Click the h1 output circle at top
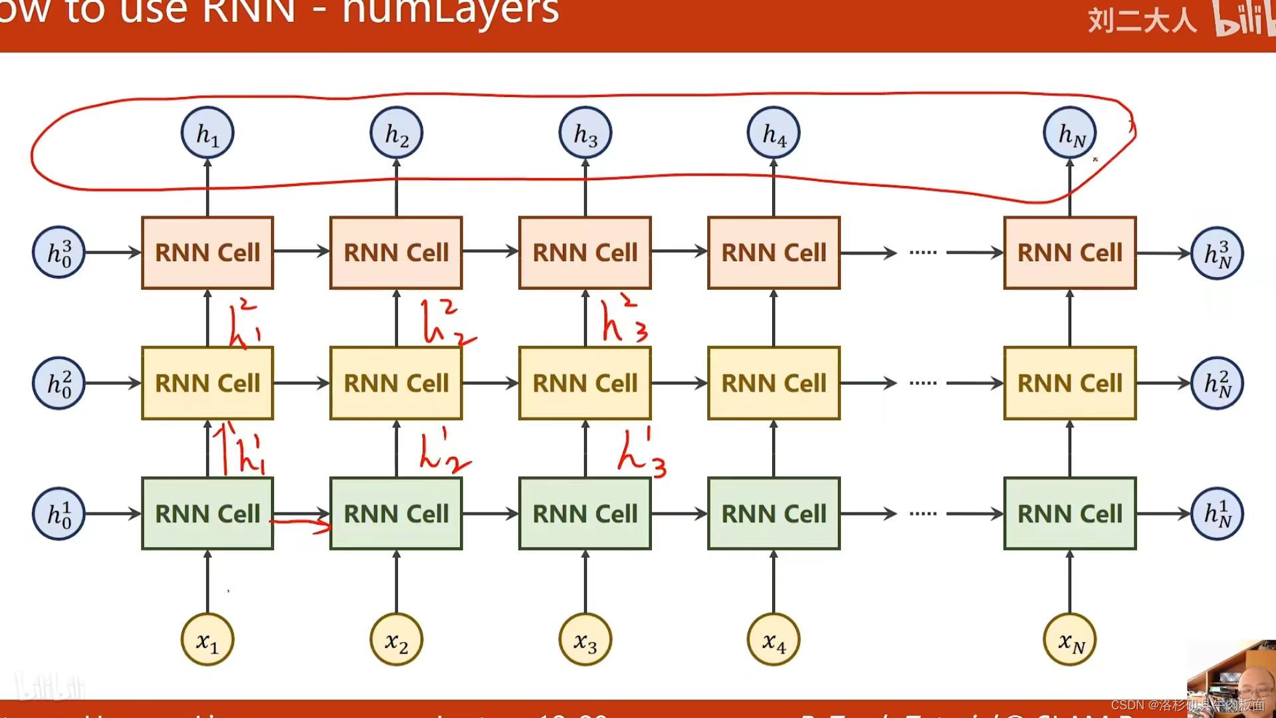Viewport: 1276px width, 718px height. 207,134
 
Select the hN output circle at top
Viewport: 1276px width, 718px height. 1069,134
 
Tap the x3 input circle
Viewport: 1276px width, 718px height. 585,640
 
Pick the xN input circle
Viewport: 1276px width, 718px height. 1069,640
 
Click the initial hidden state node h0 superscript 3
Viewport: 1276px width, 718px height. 58,253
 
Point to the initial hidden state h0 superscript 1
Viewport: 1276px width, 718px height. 58,514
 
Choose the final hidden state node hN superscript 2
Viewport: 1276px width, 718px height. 1217,383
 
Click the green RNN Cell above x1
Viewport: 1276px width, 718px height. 207,514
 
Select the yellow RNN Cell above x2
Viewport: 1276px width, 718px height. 396,383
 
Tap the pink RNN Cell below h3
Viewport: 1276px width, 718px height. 585,253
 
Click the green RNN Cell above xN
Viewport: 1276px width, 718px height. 1069,514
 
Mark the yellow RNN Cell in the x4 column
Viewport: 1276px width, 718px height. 774,383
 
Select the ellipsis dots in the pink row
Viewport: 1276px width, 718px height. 922,253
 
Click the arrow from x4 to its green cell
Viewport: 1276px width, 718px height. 774,582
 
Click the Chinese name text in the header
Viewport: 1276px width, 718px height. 1141,20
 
